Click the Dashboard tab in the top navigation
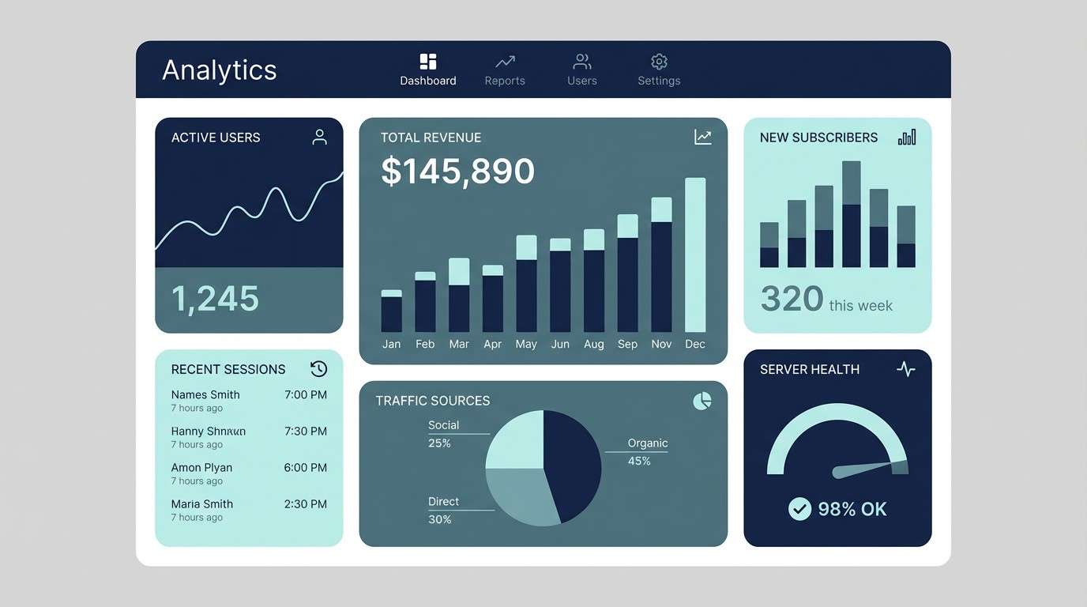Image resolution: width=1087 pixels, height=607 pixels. (x=427, y=70)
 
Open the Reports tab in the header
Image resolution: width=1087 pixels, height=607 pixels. (x=505, y=70)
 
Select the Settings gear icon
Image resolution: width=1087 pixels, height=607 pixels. (x=659, y=62)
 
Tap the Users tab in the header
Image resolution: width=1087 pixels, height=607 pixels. (x=582, y=70)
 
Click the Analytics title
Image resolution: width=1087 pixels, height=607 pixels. (x=220, y=70)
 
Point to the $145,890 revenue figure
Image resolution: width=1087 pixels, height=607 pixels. (x=457, y=172)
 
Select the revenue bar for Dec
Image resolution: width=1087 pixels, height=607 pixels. (x=695, y=254)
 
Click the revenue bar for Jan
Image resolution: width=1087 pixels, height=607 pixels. (x=391, y=311)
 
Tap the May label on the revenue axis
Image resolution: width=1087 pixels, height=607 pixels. (x=526, y=344)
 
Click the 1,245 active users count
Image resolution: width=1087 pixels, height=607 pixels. (x=215, y=299)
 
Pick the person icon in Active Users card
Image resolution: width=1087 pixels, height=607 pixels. (x=319, y=138)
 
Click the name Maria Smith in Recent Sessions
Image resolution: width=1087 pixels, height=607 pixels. (x=202, y=504)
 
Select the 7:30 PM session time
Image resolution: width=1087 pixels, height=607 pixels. (x=306, y=432)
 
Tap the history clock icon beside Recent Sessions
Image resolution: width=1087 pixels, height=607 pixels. (x=318, y=369)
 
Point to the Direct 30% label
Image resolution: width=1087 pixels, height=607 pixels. (x=443, y=510)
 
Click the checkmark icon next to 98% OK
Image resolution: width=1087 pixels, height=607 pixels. (x=799, y=509)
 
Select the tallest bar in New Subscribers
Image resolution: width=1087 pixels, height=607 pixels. (x=851, y=214)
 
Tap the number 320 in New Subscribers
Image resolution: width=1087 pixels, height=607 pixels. (x=792, y=300)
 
